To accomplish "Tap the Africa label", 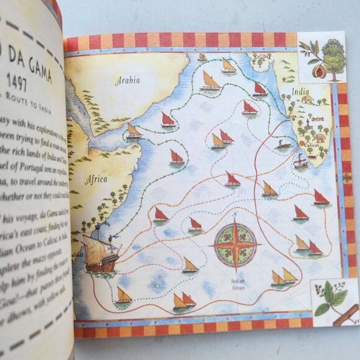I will click(96, 179).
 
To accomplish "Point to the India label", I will click(300, 93).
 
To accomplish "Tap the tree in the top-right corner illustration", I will click(333, 60).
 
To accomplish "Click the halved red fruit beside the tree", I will click(320, 71).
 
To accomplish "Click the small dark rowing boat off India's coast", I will click(283, 145).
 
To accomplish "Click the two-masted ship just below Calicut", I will click(300, 163).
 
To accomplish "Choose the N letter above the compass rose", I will click(235, 214).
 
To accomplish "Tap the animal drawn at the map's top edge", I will click(264, 58).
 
